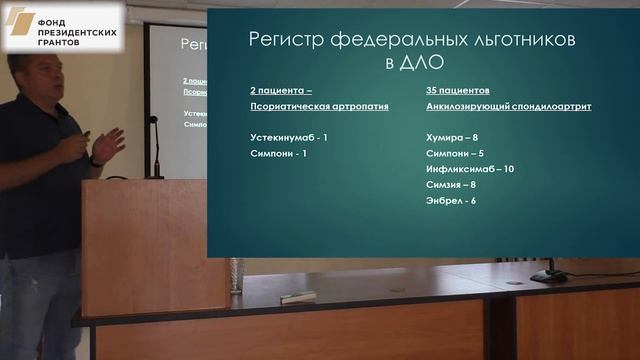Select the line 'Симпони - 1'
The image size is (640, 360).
(278, 155)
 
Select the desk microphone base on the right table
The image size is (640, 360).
(547, 275)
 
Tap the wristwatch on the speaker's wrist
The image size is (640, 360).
(96, 160)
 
